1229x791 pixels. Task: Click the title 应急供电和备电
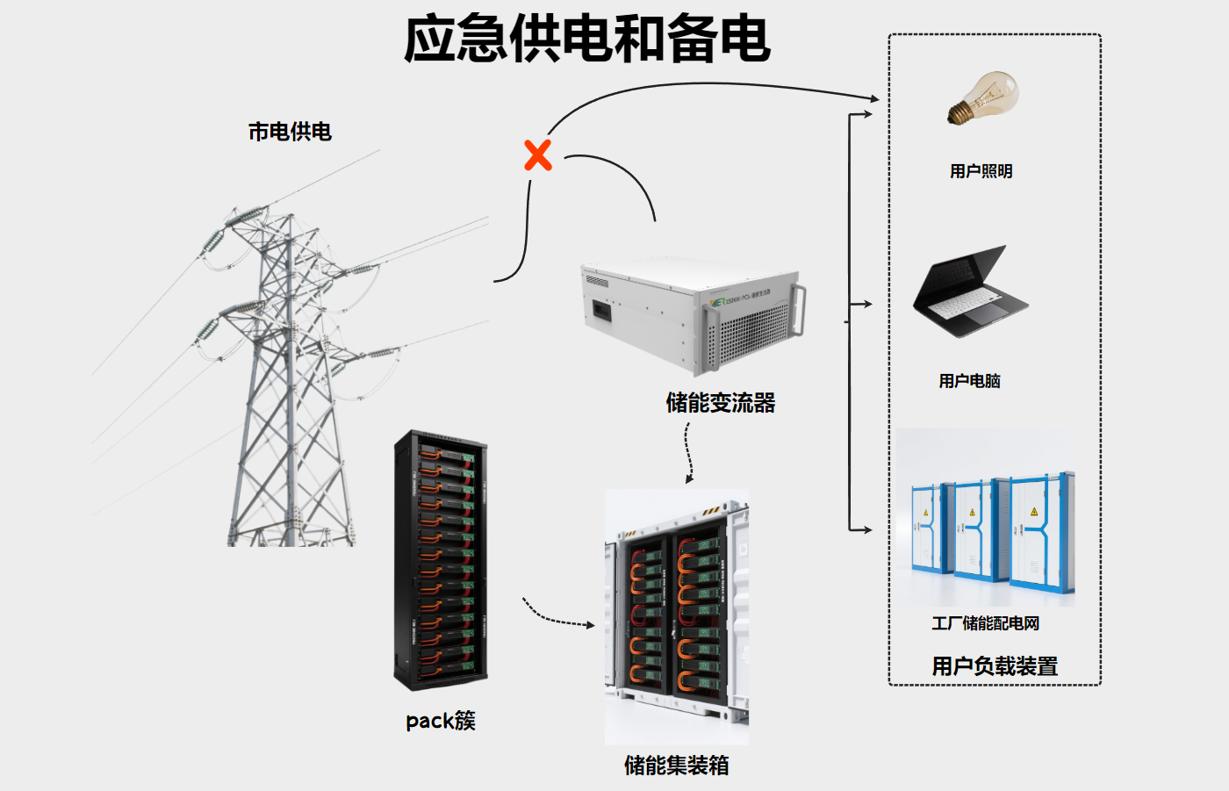click(586, 40)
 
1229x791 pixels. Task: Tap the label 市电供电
click(290, 132)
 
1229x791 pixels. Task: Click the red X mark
click(538, 155)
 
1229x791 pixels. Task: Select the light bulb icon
click(983, 98)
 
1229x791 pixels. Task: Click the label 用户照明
click(981, 171)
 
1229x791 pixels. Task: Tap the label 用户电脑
click(969, 381)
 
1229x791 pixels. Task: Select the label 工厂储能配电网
click(985, 623)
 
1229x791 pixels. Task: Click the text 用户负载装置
click(995, 666)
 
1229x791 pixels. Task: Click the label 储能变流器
click(721, 403)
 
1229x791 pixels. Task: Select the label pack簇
click(441, 721)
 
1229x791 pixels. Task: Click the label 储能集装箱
click(676, 766)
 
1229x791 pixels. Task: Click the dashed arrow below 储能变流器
click(689, 452)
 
